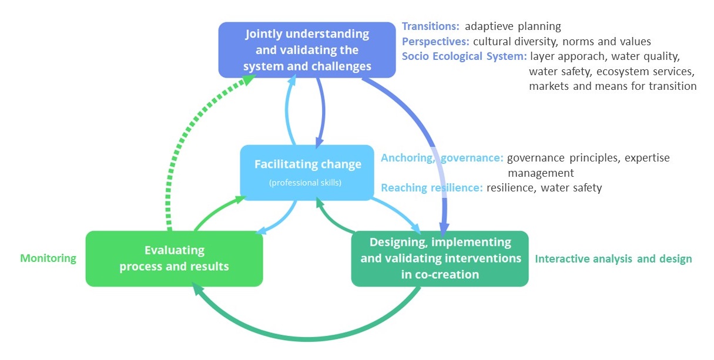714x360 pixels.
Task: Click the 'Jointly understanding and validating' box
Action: tap(307, 50)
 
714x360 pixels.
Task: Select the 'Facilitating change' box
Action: tap(307, 172)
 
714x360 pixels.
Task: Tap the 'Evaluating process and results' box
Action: tap(174, 258)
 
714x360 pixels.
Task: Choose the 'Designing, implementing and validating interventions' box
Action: tap(440, 258)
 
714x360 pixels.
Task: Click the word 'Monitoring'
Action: tap(48, 258)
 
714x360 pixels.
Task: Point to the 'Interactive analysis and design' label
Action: tap(613, 259)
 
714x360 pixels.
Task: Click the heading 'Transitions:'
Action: tap(431, 26)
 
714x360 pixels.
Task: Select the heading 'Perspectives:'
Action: tap(435, 42)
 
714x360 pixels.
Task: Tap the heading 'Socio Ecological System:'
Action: tap(464, 57)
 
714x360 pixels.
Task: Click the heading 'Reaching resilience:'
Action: tap(432, 188)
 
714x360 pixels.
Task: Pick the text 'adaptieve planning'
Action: tap(512, 26)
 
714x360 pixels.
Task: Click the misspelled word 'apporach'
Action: tap(595, 57)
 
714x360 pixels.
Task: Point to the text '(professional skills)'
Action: tap(305, 183)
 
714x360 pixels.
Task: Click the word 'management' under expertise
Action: tap(540, 173)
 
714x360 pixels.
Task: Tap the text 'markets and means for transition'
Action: tap(612, 86)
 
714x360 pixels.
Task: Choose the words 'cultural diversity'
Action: tap(515, 42)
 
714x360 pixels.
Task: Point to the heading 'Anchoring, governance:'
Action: tap(442, 158)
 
